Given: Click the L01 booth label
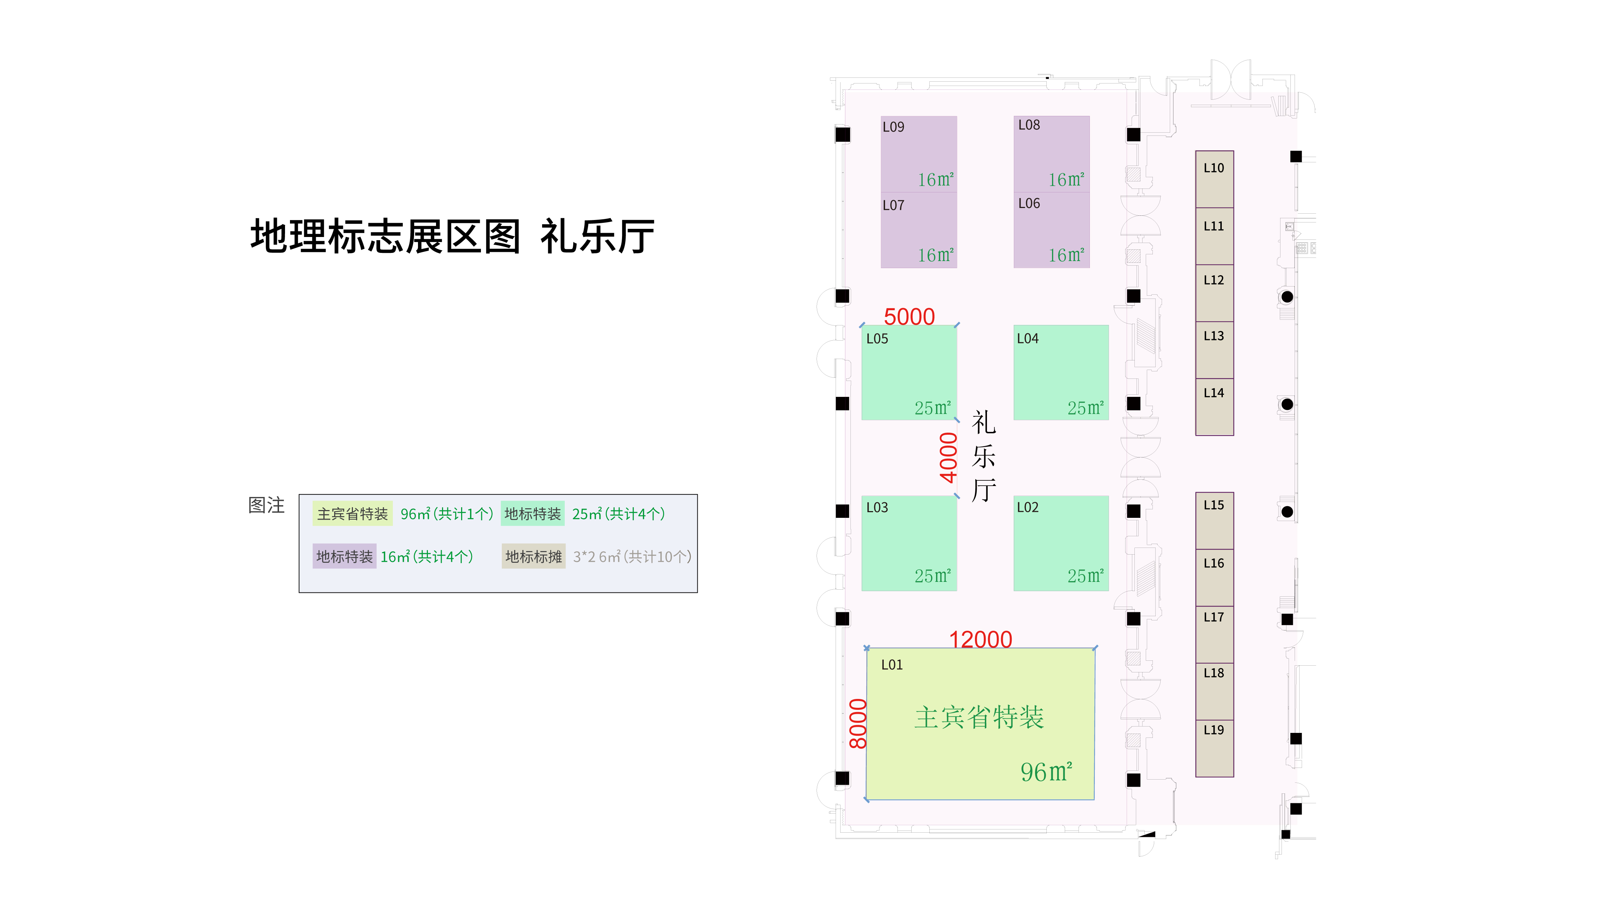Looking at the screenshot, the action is pyautogui.click(x=892, y=665).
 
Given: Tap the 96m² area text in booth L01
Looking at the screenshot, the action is pyautogui.click(x=1046, y=772).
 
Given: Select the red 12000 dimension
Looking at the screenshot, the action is pyautogui.click(x=980, y=640).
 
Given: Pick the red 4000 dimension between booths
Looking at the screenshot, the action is pyautogui.click(x=948, y=458).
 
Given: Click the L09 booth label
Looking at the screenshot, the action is pyautogui.click(x=893, y=127).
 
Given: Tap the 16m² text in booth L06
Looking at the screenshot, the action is pyautogui.click(x=1066, y=255).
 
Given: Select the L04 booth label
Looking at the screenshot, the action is pyautogui.click(x=1028, y=339).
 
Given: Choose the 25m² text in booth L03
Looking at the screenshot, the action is pyautogui.click(x=932, y=576).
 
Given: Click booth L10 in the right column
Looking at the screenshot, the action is pyautogui.click(x=1214, y=179).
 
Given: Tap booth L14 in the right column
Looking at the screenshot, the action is pyautogui.click(x=1214, y=407).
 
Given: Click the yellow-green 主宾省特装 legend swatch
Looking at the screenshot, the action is pyautogui.click(x=353, y=514).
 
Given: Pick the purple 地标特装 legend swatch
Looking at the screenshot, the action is pyautogui.click(x=344, y=556).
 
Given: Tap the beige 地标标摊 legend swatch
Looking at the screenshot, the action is pyautogui.click(x=533, y=556).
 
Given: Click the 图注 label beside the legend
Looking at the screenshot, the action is pyautogui.click(x=266, y=505).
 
